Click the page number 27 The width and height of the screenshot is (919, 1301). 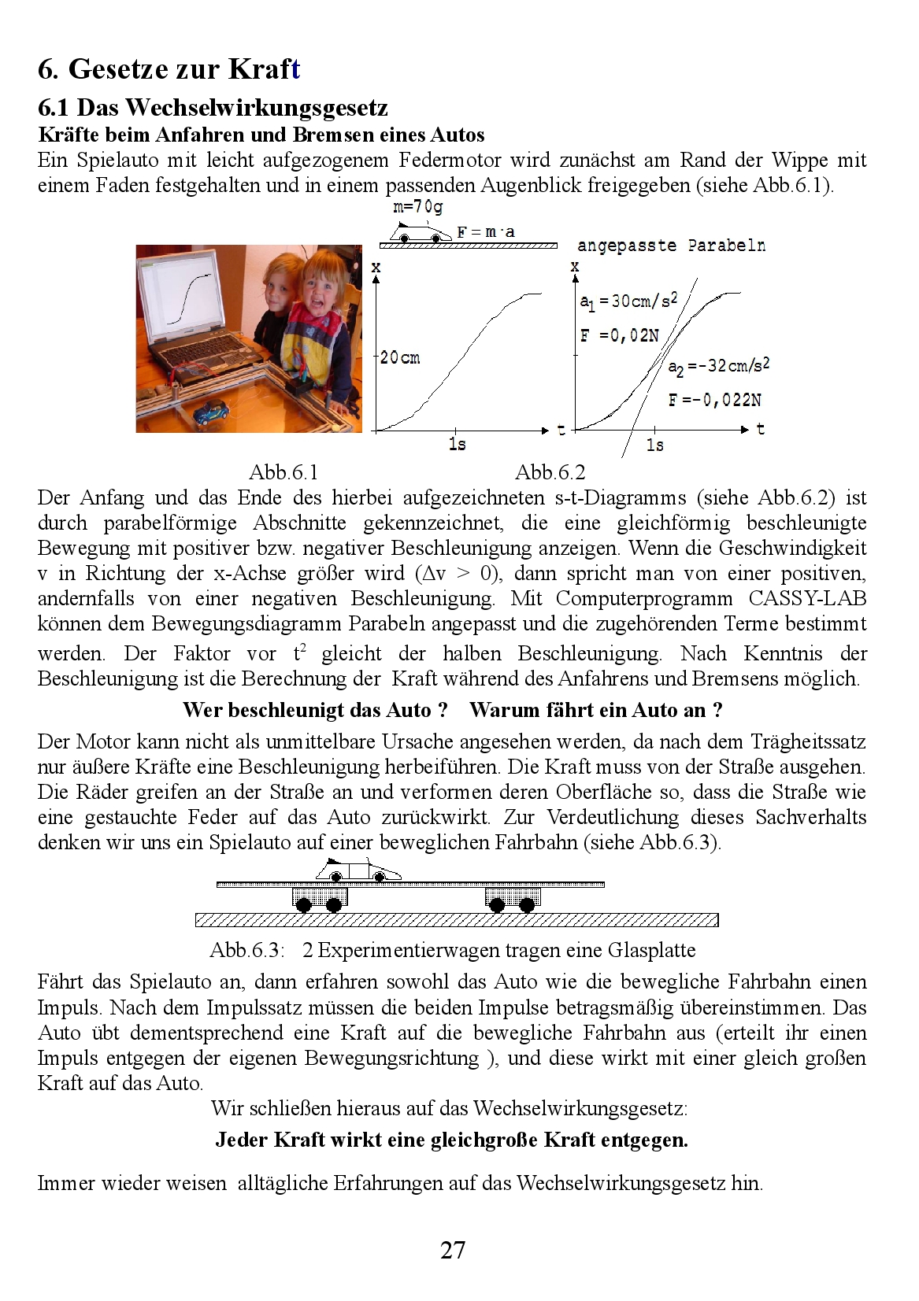click(453, 1251)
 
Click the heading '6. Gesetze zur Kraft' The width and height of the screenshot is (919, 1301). click(169, 69)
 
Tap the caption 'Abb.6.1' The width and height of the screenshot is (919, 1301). click(283, 472)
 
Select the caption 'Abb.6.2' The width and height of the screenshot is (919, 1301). click(550, 472)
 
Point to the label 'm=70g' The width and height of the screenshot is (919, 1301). click(417, 208)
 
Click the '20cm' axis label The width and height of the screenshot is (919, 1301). click(400, 358)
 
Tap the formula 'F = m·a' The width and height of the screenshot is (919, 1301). click(486, 232)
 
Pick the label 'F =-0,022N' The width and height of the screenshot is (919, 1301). click(715, 400)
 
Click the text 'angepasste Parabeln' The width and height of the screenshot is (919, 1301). click(671, 246)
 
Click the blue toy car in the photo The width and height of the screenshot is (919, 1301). click(209, 411)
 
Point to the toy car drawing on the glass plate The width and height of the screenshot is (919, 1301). click(358, 871)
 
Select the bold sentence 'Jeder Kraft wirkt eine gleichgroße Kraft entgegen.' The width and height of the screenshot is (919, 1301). click(452, 1140)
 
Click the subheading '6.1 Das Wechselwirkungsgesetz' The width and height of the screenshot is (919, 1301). click(213, 107)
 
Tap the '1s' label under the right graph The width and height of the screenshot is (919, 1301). click(655, 445)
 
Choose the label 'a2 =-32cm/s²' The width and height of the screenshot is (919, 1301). click(718, 367)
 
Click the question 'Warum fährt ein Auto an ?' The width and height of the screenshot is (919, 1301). click(596, 710)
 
